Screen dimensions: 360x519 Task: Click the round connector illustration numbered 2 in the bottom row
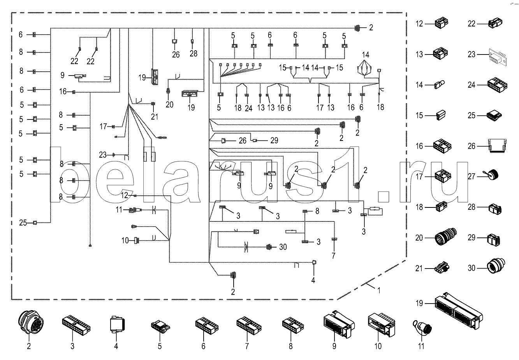click(28, 323)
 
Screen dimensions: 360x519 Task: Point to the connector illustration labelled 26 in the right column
click(494, 146)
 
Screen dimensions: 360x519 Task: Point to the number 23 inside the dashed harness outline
click(102, 155)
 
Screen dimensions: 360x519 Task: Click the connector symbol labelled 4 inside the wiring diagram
click(314, 263)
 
